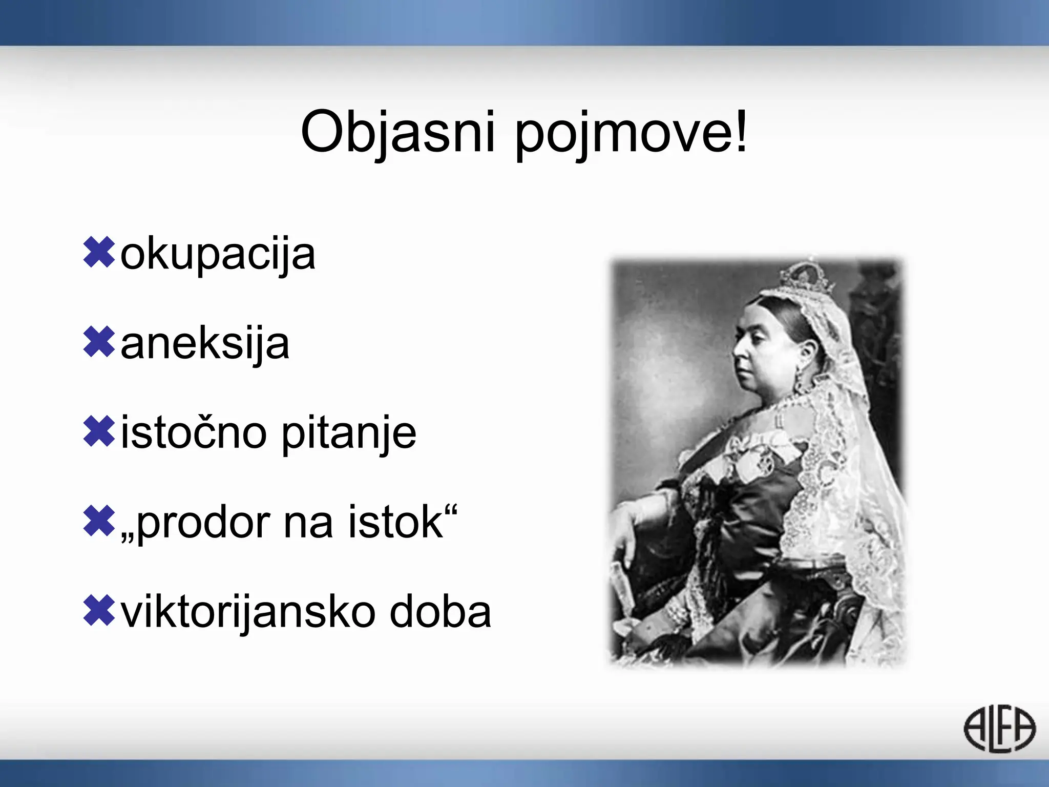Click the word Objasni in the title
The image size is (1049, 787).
(x=397, y=132)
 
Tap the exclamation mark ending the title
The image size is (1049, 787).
(x=741, y=131)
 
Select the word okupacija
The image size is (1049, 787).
(x=218, y=255)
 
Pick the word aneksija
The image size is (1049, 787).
(x=205, y=344)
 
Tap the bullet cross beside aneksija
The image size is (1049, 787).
(x=98, y=342)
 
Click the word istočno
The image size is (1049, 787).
(x=194, y=433)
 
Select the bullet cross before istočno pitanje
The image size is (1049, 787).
(x=98, y=431)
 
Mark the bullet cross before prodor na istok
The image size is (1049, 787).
(x=98, y=521)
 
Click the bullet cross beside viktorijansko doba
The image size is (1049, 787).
(x=98, y=611)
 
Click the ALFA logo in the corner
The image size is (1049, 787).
(x=999, y=729)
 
